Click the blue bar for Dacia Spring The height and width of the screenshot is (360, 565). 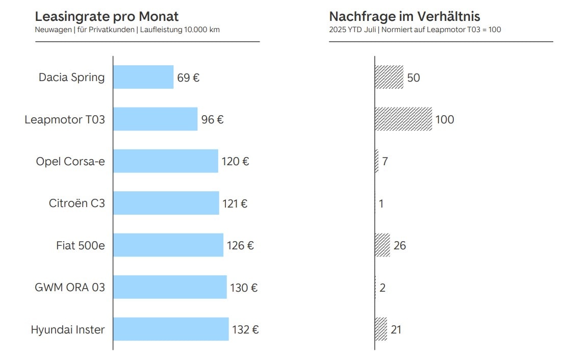tap(143, 77)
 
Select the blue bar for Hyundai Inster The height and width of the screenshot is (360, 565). tap(171, 329)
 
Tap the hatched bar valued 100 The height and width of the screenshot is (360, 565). tap(403, 119)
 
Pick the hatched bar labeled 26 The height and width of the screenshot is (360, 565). tap(382, 245)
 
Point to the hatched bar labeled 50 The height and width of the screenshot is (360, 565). tap(389, 77)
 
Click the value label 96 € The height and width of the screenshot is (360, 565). tap(212, 120)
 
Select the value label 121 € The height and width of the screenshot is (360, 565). tap(235, 203)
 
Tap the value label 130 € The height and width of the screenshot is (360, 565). tap(244, 288)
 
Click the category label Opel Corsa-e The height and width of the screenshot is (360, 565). tap(71, 161)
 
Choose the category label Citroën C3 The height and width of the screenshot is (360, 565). tap(77, 203)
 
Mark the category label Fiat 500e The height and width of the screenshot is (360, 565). tap(81, 245)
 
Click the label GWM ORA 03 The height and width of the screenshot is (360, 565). tap(70, 287)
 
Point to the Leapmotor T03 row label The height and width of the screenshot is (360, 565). tap(65, 119)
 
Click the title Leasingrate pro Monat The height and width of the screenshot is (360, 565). tap(107, 16)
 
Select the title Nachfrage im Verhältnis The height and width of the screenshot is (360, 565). tap(404, 16)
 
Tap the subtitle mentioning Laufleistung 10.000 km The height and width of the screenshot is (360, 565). tap(127, 30)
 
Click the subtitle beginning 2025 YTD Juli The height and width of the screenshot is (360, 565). tap(415, 30)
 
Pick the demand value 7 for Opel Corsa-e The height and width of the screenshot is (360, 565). tap(385, 161)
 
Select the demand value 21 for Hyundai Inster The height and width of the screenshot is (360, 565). tap(396, 329)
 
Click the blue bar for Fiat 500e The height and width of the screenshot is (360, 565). tap(168, 245)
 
